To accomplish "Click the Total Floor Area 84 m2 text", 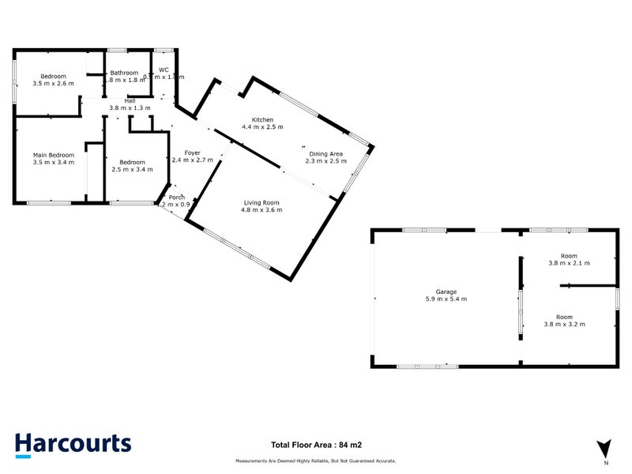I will coord(316,446).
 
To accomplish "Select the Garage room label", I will coord(446,292).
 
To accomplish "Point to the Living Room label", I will coord(262,203).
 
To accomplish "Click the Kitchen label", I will coord(262,119).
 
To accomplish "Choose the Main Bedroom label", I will coord(54,155).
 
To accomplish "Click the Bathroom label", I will coord(125,73).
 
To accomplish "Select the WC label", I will coord(164,70).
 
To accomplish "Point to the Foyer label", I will coord(193,152).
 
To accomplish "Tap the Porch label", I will coord(177,197).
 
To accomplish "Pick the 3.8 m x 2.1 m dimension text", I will coord(569,262).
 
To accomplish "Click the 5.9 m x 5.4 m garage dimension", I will coord(446,299).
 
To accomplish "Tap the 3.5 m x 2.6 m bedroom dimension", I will coord(54,83).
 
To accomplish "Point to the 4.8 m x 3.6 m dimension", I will coord(262,210).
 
